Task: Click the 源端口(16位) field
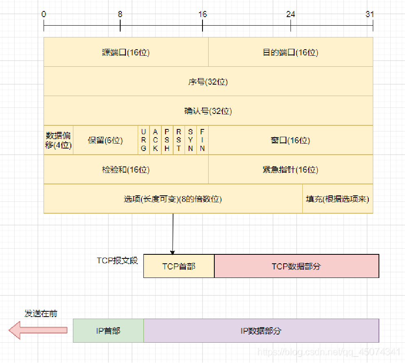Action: pyautogui.click(x=126, y=52)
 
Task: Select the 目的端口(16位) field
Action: pyautogui.click(x=291, y=52)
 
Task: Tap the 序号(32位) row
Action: pyautogui.click(x=208, y=81)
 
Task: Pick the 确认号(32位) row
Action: pyautogui.click(x=208, y=111)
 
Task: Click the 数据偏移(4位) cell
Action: pyautogui.click(x=58, y=140)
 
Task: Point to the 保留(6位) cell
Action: pyautogui.click(x=106, y=140)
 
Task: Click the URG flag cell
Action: pyautogui.click(x=143, y=140)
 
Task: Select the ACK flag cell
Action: pyautogui.click(x=155, y=140)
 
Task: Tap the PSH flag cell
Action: pyautogui.click(x=167, y=140)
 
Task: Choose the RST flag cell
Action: pyautogui.click(x=178, y=140)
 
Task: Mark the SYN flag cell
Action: pyautogui.click(x=190, y=140)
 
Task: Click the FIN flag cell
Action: pyautogui.click(x=202, y=140)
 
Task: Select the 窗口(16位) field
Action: pyautogui.click(x=291, y=140)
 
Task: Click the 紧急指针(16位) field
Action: pyautogui.click(x=291, y=169)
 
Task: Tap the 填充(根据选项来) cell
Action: pyautogui.click(x=338, y=199)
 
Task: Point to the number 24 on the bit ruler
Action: pyautogui.click(x=291, y=14)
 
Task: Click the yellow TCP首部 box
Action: pyautogui.click(x=179, y=266)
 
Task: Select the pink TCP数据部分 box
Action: pyautogui.click(x=297, y=266)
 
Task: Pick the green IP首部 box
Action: pyautogui.click(x=108, y=330)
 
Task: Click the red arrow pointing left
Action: pyautogui.click(x=37, y=330)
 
